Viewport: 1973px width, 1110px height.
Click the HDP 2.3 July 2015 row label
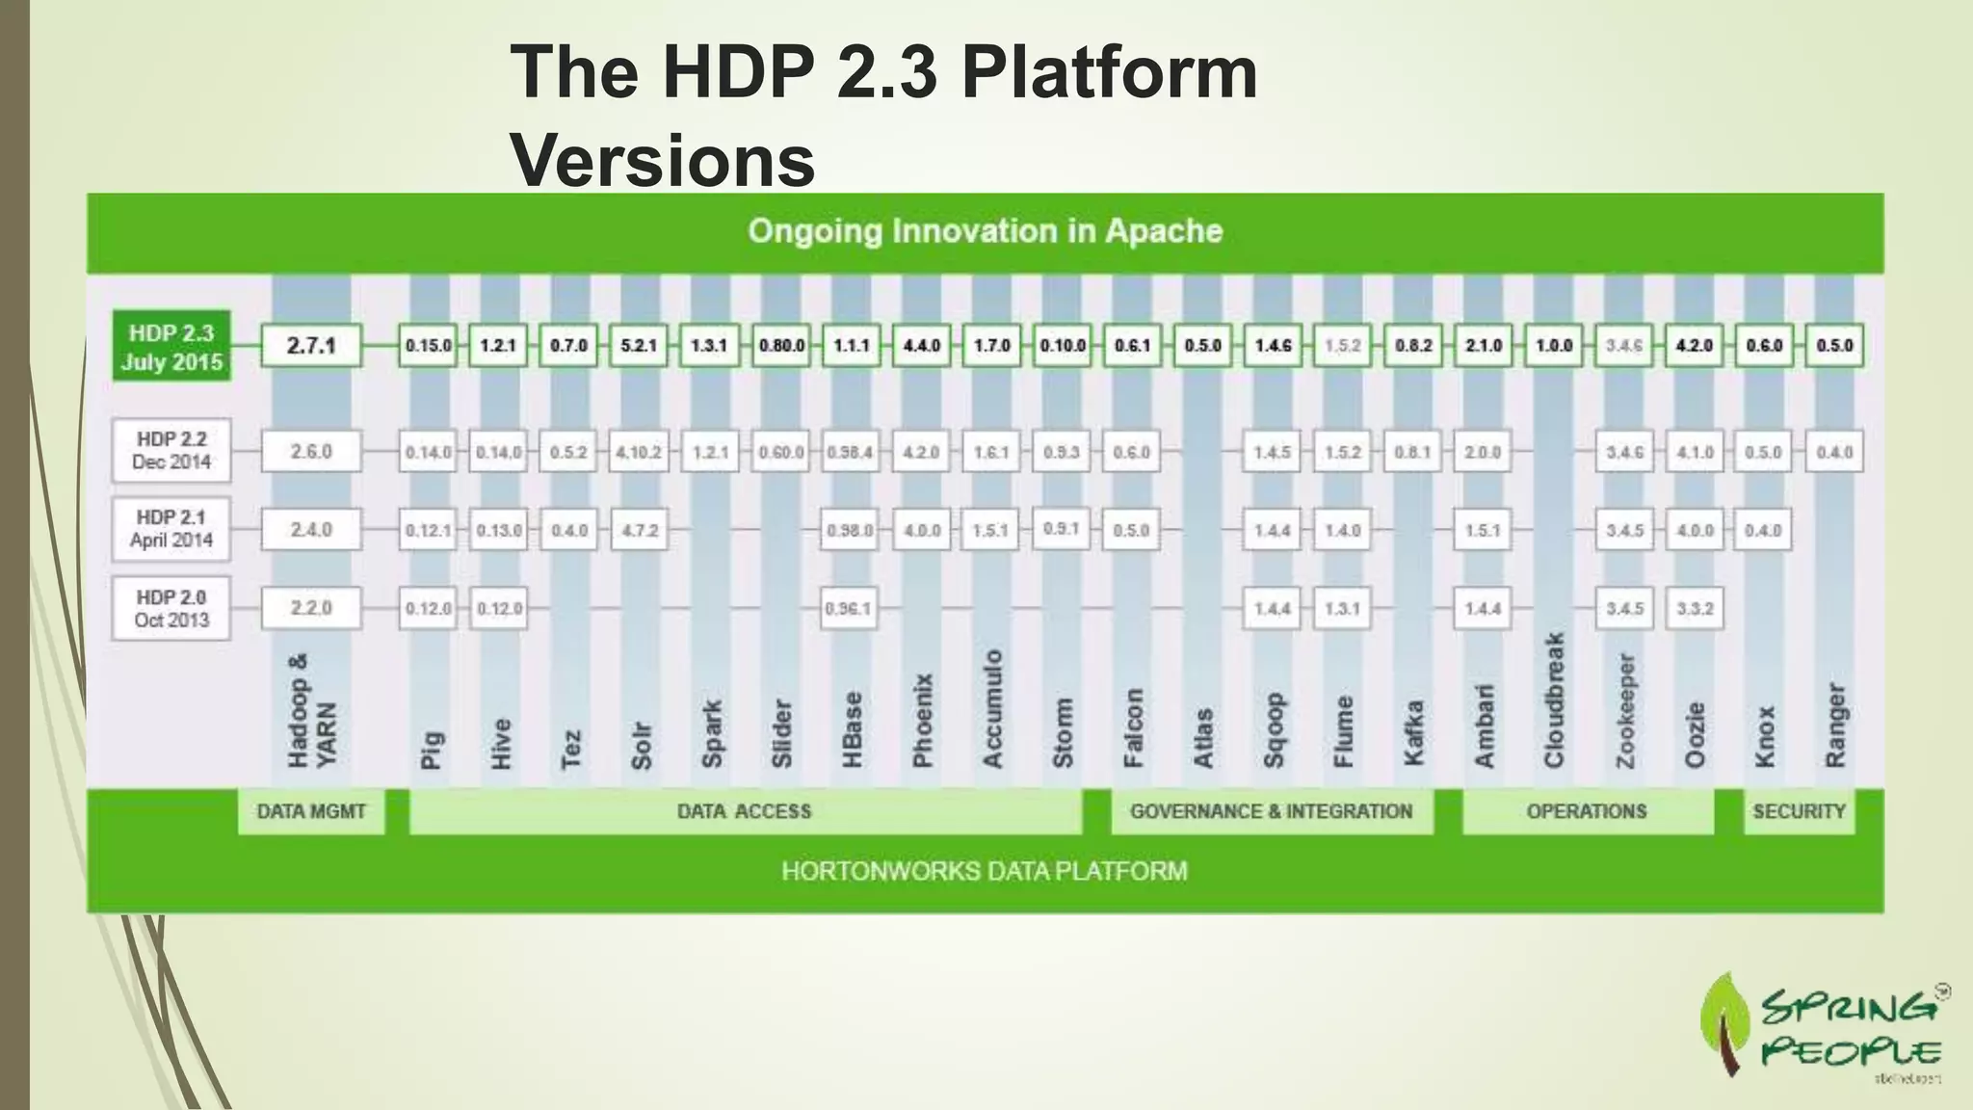(171, 347)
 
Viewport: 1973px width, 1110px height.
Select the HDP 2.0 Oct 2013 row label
(171, 608)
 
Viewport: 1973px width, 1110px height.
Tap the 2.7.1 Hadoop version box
(311, 346)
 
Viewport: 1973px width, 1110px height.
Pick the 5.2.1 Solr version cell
(638, 346)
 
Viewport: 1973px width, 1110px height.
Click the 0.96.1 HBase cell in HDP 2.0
(849, 609)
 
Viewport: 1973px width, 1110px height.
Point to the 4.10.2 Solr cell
(638, 452)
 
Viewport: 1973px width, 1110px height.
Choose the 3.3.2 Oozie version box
(1695, 609)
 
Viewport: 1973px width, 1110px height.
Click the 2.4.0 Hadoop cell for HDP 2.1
(311, 530)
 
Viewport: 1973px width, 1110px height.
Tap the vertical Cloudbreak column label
(1554, 700)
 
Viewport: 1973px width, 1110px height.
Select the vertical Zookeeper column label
(1625, 711)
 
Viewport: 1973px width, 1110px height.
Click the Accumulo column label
(992, 709)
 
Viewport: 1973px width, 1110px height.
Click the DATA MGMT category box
(311, 811)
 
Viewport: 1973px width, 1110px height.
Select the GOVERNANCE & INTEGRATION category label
(1271, 811)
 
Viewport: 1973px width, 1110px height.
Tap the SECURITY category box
(1799, 811)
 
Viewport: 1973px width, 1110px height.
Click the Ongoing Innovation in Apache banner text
(985, 231)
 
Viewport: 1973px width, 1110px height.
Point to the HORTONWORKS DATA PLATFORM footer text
(985, 871)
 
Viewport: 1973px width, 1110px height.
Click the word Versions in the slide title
(663, 160)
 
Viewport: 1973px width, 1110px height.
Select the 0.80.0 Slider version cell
(781, 346)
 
